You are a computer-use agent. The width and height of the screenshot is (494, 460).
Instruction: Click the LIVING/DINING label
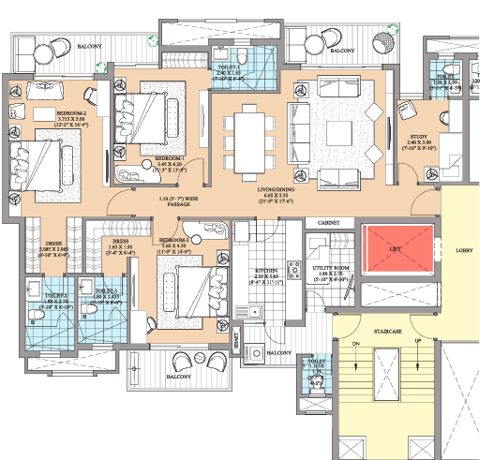pyautogui.click(x=279, y=188)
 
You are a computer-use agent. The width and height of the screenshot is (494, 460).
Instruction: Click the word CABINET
pyautogui.click(x=328, y=223)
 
